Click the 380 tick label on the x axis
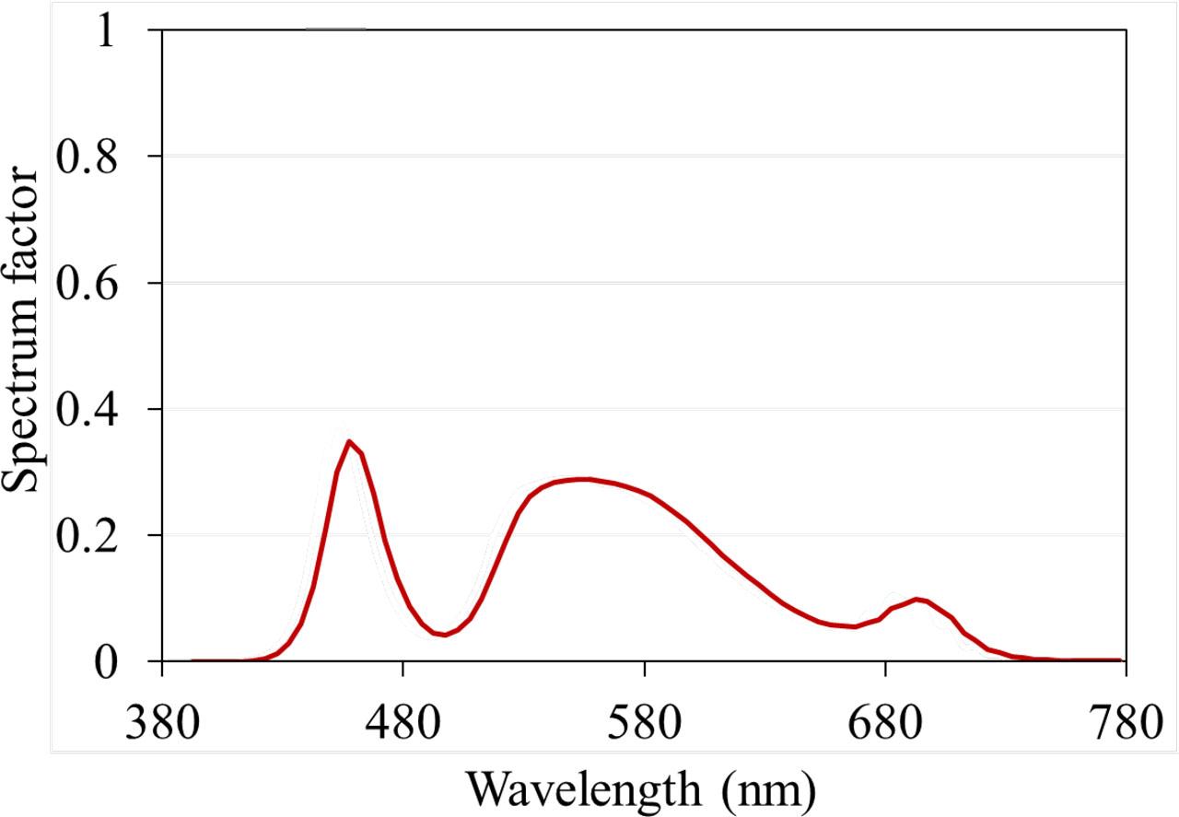point(162,724)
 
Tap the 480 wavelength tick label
point(403,724)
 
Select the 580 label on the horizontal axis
point(645,724)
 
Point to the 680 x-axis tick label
point(885,724)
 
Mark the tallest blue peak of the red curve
point(349,441)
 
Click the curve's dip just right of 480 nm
point(445,635)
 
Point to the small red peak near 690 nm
point(917,599)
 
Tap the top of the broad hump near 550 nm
point(584,479)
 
